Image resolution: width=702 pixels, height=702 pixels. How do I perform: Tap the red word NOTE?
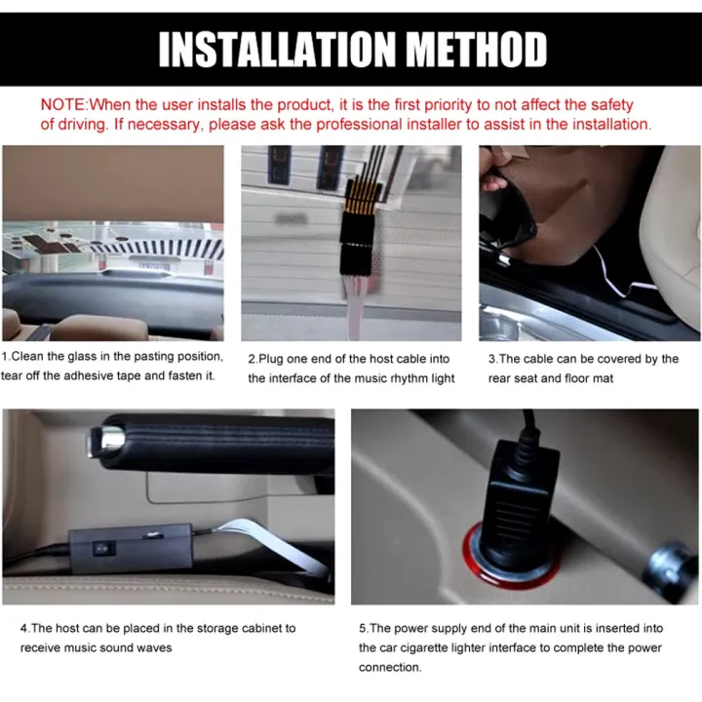coord(62,104)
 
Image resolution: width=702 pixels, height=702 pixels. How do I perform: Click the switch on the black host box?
coord(104,548)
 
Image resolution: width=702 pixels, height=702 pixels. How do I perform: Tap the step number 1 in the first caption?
coord(4,357)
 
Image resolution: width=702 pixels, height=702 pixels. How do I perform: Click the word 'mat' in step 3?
coord(604,378)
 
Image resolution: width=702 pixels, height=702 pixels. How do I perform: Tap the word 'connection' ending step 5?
coord(390,668)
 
